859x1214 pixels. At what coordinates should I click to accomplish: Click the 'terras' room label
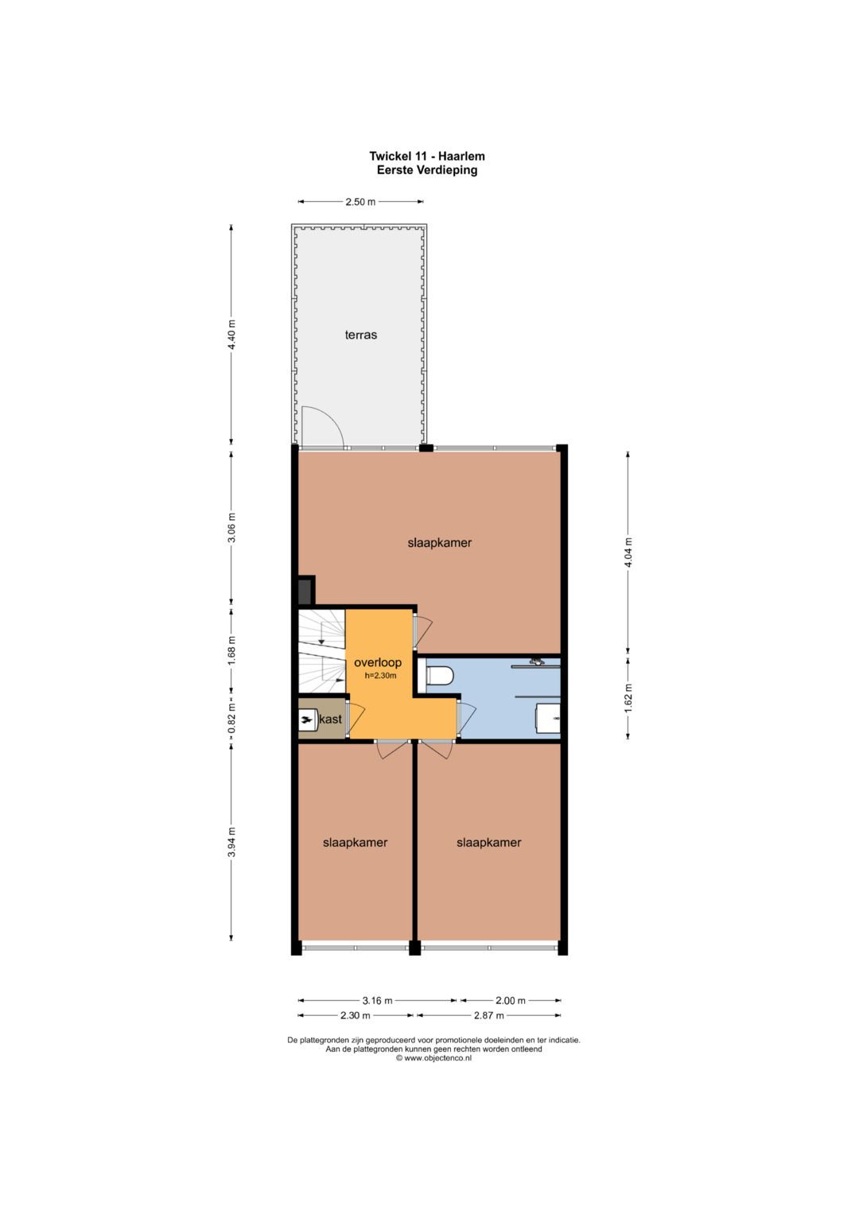point(360,335)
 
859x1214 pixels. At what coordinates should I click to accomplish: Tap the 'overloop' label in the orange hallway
point(378,662)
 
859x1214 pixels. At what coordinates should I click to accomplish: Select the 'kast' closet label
point(331,719)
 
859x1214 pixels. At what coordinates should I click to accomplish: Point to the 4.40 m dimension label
point(231,335)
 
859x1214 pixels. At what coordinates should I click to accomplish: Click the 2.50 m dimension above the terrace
point(360,202)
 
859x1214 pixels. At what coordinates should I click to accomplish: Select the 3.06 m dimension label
point(231,527)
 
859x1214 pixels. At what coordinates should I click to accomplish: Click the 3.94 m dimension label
point(231,843)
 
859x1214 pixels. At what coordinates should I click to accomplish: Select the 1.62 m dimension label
point(628,697)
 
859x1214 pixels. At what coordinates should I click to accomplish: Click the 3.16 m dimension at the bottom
point(378,1000)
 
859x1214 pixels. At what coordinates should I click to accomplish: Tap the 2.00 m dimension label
point(511,1000)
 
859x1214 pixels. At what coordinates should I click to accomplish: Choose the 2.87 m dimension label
point(489,1015)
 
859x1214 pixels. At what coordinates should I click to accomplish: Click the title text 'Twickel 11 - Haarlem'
point(427,156)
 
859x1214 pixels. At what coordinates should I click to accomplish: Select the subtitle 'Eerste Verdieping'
point(427,170)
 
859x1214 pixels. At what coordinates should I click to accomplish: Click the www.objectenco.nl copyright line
point(433,1058)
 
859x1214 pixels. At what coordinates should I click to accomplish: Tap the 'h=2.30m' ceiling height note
point(380,676)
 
